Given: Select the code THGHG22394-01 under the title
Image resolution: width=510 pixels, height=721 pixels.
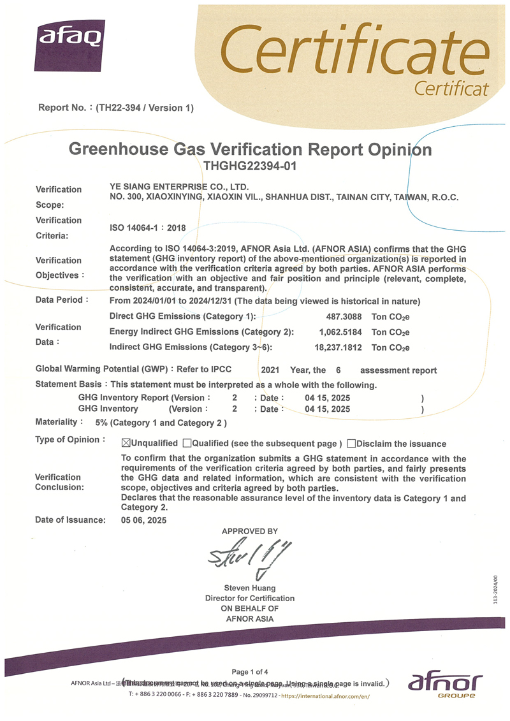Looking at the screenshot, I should coord(250,166).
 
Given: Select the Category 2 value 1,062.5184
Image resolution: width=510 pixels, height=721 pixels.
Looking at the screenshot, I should coord(341,331).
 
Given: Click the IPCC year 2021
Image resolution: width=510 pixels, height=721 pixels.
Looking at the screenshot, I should coord(270,370).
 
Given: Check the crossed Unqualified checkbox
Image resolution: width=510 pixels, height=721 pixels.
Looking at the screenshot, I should coord(126,443).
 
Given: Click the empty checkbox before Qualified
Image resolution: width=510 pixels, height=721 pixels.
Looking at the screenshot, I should coord(187,443).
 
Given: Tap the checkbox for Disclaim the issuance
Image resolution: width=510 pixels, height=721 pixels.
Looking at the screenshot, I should coord(351,443).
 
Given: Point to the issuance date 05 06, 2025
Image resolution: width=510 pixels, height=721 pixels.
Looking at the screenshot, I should coord(143,520).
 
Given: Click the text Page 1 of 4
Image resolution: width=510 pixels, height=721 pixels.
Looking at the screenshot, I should coord(250,671).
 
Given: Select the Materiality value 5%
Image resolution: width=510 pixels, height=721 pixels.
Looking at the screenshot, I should coord(101,423).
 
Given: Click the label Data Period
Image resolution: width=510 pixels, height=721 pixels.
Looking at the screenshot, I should coord(59,300).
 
